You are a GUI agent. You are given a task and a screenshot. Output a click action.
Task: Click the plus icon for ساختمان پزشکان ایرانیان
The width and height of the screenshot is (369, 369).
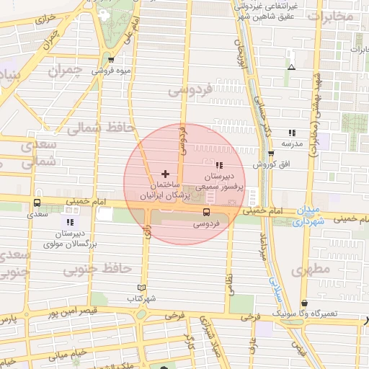[x=166, y=174]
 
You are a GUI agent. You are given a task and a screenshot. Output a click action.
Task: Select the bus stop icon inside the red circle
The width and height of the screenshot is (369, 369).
[x=207, y=212]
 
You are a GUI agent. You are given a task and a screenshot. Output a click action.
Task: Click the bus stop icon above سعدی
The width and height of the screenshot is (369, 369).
[x=37, y=203]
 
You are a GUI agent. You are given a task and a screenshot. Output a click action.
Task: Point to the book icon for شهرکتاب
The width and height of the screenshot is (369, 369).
[x=141, y=287]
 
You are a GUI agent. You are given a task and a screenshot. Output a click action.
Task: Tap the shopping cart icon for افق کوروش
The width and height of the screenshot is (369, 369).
[x=271, y=154]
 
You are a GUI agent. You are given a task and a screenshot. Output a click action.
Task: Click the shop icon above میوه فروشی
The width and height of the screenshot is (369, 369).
[x=110, y=61]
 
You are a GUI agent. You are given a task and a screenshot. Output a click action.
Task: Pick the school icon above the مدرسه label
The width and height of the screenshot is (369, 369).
[x=292, y=133]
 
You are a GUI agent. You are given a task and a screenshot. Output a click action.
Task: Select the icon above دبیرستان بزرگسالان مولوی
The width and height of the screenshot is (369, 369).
[x=70, y=222]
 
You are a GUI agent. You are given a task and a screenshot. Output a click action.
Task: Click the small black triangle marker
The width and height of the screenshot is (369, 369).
[x=291, y=67]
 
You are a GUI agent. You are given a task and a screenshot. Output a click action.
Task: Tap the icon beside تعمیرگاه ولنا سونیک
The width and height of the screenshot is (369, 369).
[x=304, y=303]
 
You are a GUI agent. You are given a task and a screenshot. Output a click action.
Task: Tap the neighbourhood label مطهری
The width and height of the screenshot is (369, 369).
[x=311, y=270]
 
